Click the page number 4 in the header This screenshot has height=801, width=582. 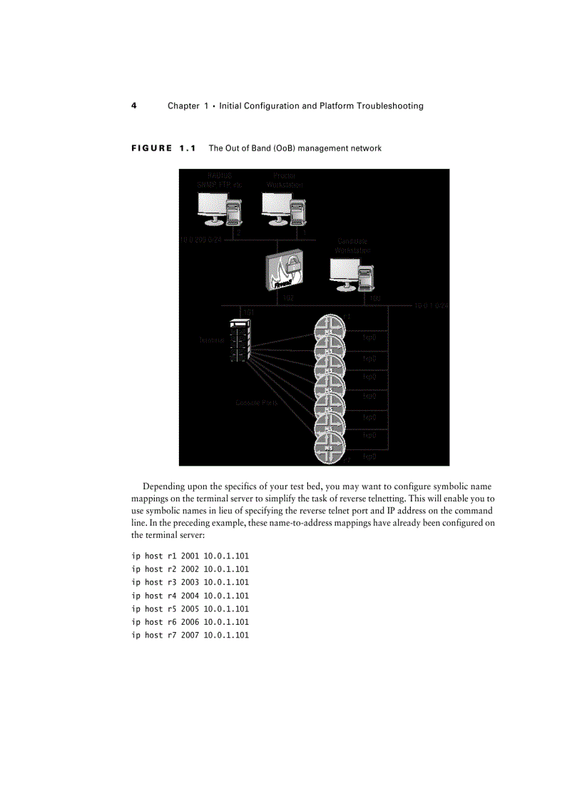(133, 106)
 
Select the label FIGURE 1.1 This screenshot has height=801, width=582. (163, 148)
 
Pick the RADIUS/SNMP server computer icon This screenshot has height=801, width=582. (219, 209)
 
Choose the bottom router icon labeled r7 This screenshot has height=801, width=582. (330, 447)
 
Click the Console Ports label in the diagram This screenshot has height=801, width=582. (257, 403)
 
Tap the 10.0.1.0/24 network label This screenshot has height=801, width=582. (430, 305)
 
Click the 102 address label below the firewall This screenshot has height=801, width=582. (287, 297)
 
